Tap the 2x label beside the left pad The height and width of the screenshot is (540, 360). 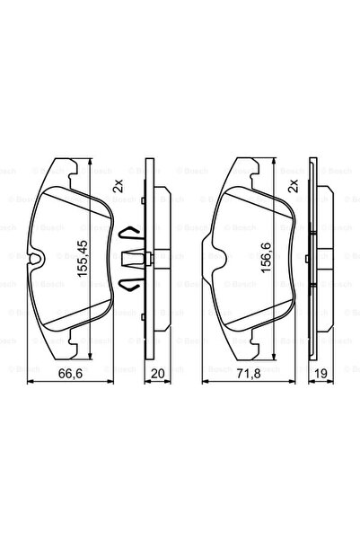point(117,188)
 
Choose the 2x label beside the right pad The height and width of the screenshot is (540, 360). point(293,188)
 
